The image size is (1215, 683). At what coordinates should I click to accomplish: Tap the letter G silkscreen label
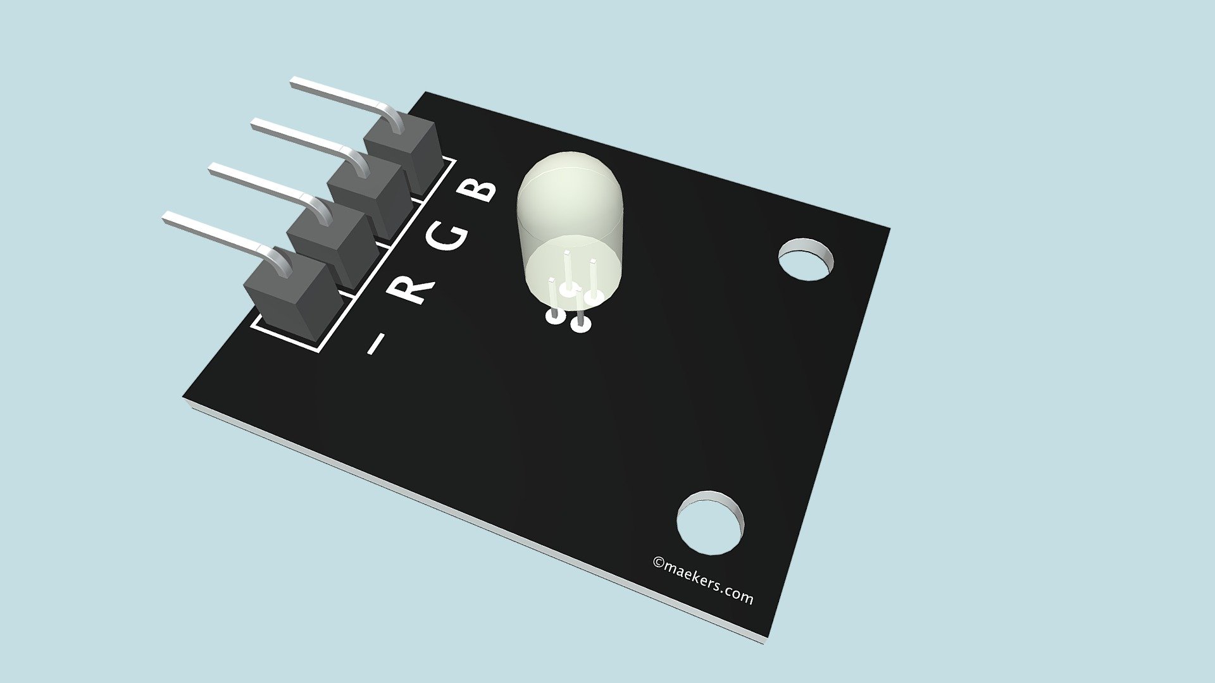[x=447, y=236]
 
